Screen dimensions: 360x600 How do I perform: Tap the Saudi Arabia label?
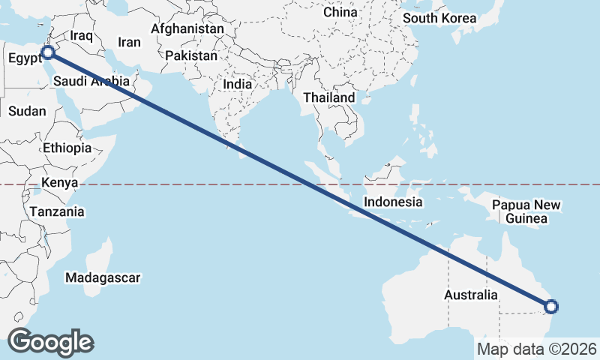pyautogui.click(x=92, y=81)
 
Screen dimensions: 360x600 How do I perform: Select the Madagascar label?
pyautogui.click(x=103, y=278)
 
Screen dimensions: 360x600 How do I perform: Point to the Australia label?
pyautogui.click(x=470, y=295)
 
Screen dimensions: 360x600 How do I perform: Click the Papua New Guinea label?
pyautogui.click(x=526, y=212)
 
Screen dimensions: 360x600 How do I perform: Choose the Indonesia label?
pyautogui.click(x=393, y=202)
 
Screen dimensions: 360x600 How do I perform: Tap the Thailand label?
pyautogui.click(x=328, y=98)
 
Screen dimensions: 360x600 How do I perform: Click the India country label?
pyautogui.click(x=237, y=85)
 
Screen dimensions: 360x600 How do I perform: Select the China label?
pyautogui.click(x=340, y=13)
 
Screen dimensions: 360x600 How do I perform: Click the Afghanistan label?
pyautogui.click(x=187, y=29)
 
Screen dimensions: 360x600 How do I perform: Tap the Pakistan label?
pyautogui.click(x=191, y=55)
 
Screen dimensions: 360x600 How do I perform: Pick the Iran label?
pyautogui.click(x=129, y=43)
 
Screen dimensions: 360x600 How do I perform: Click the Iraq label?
pyautogui.click(x=80, y=36)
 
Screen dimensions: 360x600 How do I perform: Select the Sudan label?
pyautogui.click(x=27, y=111)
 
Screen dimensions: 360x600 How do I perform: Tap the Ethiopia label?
pyautogui.click(x=67, y=148)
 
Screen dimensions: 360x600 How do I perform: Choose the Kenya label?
pyautogui.click(x=60, y=183)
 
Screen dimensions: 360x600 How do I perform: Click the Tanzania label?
pyautogui.click(x=57, y=212)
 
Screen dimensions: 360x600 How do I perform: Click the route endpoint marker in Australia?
pyautogui.click(x=551, y=306)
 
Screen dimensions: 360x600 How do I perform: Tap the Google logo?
pyautogui.click(x=50, y=342)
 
